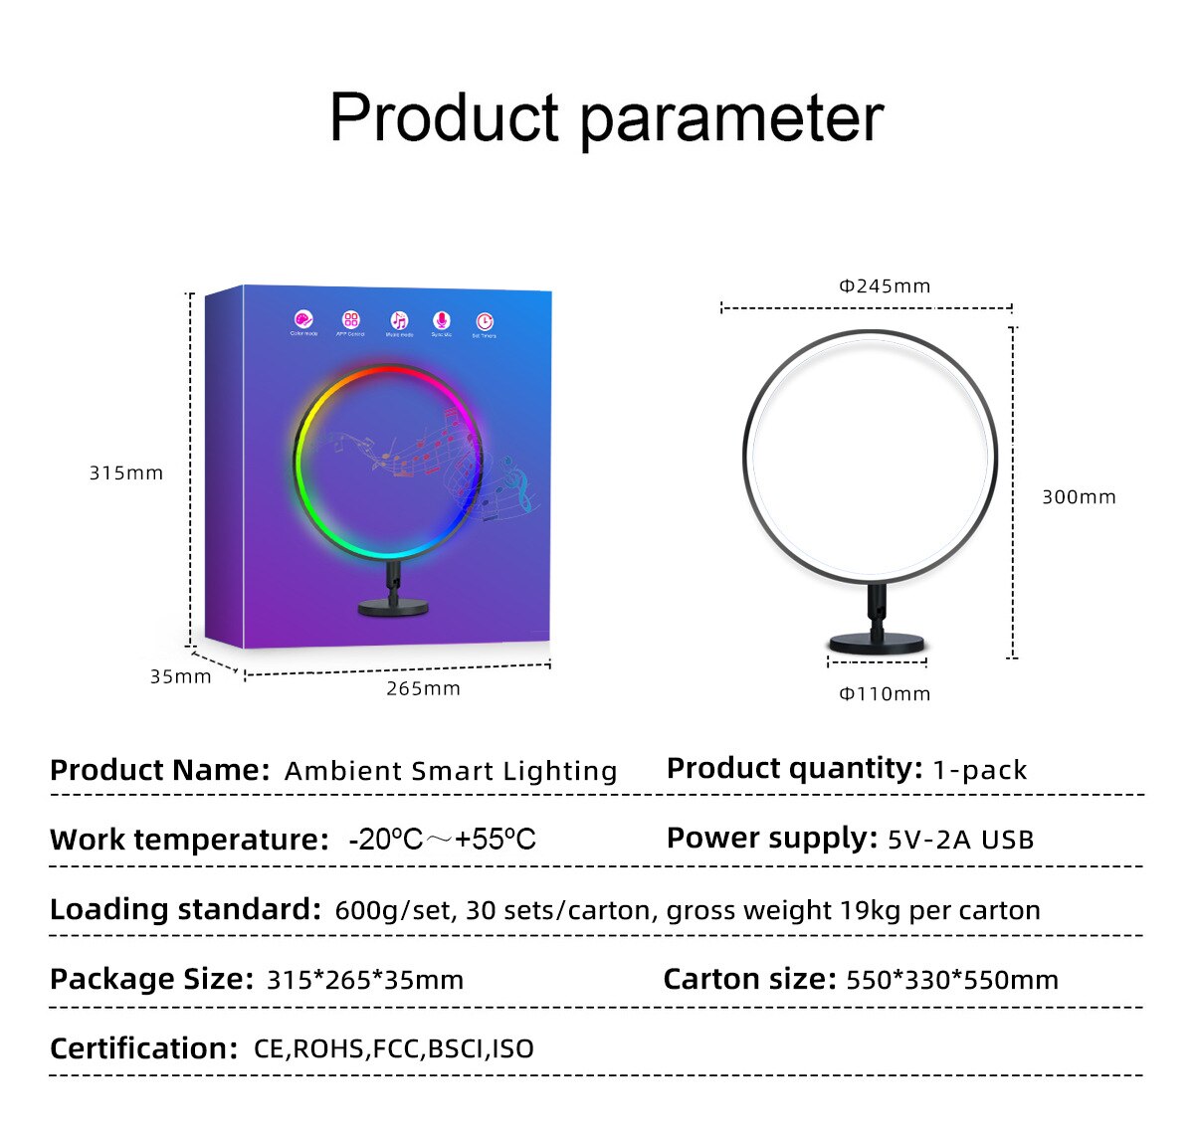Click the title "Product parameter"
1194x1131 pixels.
click(606, 118)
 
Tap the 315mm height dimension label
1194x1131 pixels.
click(126, 473)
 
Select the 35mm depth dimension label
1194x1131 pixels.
click(180, 677)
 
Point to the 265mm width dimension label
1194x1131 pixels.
click(423, 689)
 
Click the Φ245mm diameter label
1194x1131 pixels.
click(885, 286)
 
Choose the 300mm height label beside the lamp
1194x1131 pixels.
click(1079, 497)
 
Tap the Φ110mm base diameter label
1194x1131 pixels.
click(885, 694)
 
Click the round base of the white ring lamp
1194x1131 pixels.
click(877, 644)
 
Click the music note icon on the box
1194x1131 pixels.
click(398, 320)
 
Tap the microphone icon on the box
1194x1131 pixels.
click(441, 320)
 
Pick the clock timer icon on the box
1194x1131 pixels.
click(484, 321)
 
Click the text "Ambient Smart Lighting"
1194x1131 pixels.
click(451, 772)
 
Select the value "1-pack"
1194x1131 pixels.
click(979, 770)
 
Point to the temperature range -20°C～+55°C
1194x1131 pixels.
click(442, 840)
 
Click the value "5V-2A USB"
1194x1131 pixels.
click(960, 841)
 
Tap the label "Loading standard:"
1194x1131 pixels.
click(185, 909)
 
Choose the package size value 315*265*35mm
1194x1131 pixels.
click(365, 980)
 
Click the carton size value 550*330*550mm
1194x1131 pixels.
click(952, 980)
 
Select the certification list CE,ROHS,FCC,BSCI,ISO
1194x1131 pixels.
click(394, 1048)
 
